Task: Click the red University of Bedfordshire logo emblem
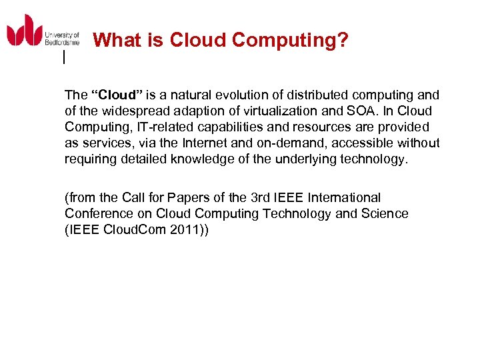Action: click(24, 31)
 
